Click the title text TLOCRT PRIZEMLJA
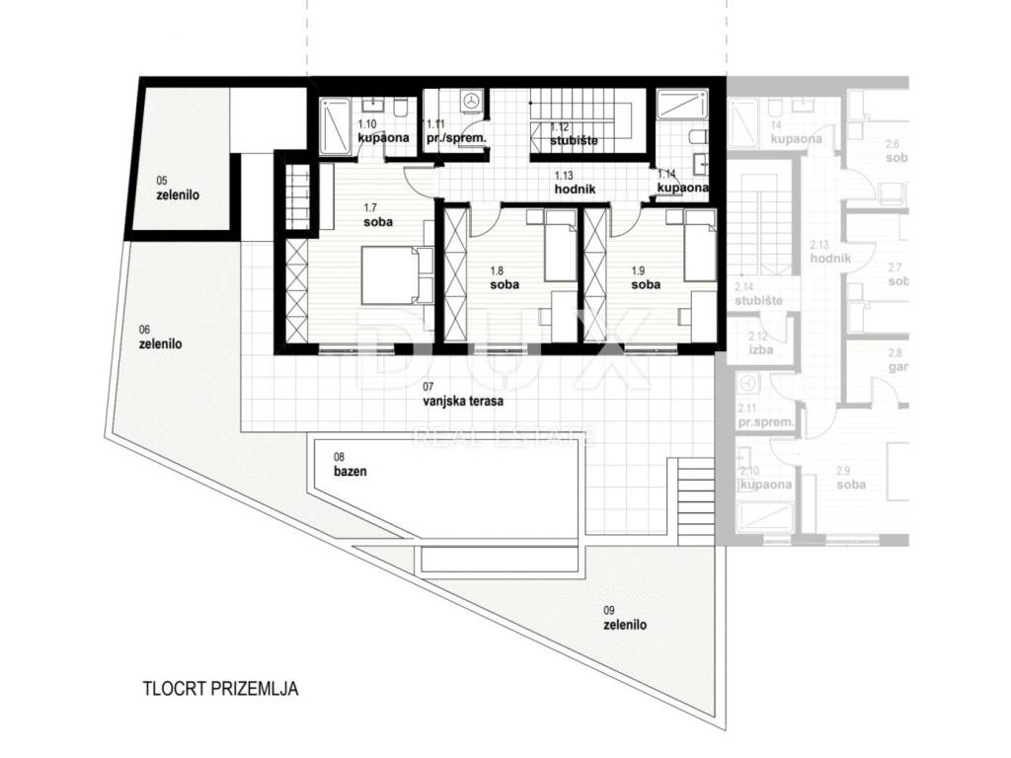tap(220, 689)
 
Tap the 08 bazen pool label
tap(350, 465)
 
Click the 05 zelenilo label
tap(178, 189)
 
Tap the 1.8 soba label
tap(504, 279)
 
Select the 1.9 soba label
tap(646, 279)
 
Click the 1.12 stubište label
tap(567, 133)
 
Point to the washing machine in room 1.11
tap(472, 101)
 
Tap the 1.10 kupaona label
tap(381, 131)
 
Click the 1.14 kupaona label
tap(682, 181)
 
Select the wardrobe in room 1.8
tap(455, 274)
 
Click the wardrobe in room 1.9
tap(597, 274)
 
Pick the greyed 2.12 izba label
tap(759, 342)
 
